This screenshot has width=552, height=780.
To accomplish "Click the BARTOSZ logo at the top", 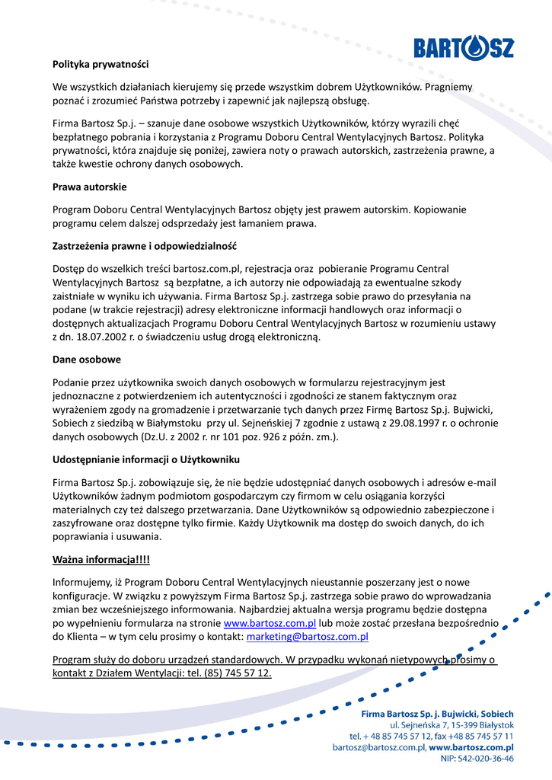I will tap(463, 48).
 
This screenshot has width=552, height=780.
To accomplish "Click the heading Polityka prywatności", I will tap(101, 64).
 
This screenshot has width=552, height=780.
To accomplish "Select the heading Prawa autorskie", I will tap(90, 187).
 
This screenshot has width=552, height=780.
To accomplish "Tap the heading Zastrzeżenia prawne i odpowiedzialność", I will tap(145, 246).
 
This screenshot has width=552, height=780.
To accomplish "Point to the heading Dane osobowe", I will tap(87, 359).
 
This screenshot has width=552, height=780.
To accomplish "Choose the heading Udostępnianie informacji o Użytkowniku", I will tap(146, 459).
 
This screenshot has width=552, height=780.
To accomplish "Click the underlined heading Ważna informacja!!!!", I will tap(101, 560).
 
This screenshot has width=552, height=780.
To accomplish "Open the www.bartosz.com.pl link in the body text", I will tap(270, 622).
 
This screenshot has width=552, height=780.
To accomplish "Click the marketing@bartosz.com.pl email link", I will tap(308, 637).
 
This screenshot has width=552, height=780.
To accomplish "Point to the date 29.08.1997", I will tap(422, 424).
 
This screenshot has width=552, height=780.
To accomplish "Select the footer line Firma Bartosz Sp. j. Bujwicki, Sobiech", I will tap(437, 714).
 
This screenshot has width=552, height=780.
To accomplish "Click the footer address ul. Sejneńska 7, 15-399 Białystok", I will tap(450, 725).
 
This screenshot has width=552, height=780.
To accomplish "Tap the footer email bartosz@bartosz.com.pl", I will tap(378, 748).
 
